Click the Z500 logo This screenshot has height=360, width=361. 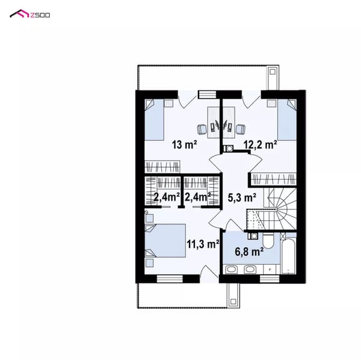pos(29,14)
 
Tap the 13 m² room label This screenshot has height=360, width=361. pos(184,144)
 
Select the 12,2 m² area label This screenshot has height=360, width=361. pos(260,144)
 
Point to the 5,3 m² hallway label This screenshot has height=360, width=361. pos(242,197)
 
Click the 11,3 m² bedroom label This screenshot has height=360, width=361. pos(203,244)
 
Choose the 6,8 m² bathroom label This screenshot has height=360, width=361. pos(249,251)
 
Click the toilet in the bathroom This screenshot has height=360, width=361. pos(268,240)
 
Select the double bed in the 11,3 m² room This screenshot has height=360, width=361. pos(165,241)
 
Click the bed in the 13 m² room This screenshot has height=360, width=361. pos(154,120)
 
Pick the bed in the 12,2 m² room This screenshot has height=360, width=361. pos(287,120)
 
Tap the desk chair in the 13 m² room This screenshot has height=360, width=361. pos(202,129)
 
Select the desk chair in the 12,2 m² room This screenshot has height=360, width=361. pos(241,129)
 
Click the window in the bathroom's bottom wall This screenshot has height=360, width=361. pos(270,279)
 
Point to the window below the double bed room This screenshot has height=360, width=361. pos(170,279)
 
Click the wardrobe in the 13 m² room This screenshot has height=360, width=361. pos(162,167)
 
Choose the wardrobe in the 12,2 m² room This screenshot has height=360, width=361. pos(274,179)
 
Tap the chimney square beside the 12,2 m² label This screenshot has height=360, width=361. pos(229,149)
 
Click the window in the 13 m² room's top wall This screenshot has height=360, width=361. pos(207,95)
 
